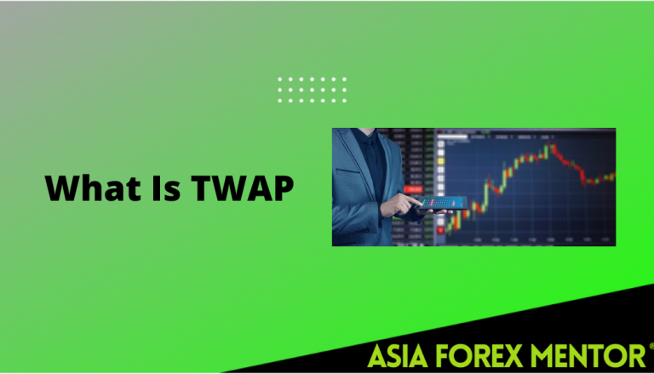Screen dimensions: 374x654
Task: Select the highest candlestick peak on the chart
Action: (553, 147)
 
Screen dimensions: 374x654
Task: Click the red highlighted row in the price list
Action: (415, 188)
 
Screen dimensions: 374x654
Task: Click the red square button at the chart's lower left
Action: (440, 229)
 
